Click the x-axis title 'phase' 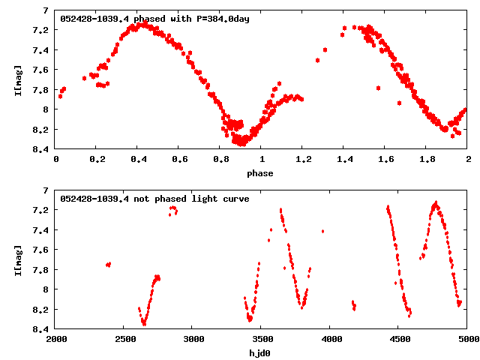click(262, 173)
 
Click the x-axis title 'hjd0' click(262, 352)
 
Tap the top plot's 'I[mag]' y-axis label click(16, 79)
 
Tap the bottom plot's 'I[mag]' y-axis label click(16, 259)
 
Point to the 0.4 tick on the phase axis click(139, 159)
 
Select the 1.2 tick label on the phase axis click(303, 159)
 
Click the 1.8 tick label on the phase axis click(427, 159)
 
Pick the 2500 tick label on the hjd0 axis click(124, 339)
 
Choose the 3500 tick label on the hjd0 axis click(262, 339)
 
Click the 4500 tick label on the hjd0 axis click(399, 339)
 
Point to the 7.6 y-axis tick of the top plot click(42, 70)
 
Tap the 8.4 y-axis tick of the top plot click(42, 149)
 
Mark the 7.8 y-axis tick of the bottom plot click(42, 269)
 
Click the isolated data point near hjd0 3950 click(322, 232)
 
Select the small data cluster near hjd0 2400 click(109, 264)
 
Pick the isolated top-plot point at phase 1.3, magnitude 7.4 click(325, 49)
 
